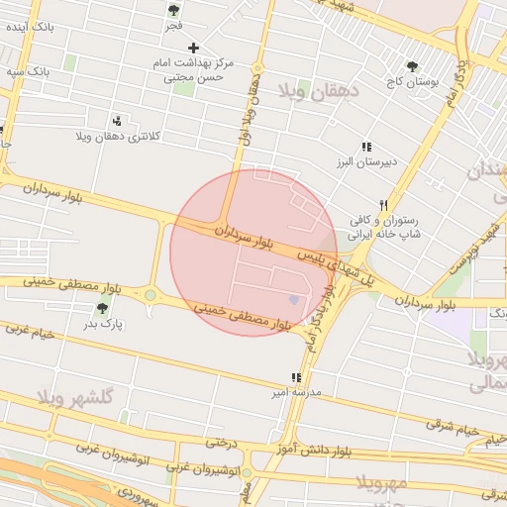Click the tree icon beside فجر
tap(173, 10)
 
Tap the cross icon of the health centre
tap(193, 48)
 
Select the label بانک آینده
tap(28, 27)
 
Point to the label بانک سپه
tap(26, 72)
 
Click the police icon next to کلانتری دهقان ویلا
tap(118, 121)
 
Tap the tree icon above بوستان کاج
tap(412, 67)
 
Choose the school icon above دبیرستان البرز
tap(366, 147)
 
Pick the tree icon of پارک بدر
tap(102, 309)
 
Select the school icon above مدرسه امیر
tap(295, 377)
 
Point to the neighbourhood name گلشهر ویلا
tap(76, 396)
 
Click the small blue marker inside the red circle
tap(292, 299)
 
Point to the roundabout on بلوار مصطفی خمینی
tap(151, 294)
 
